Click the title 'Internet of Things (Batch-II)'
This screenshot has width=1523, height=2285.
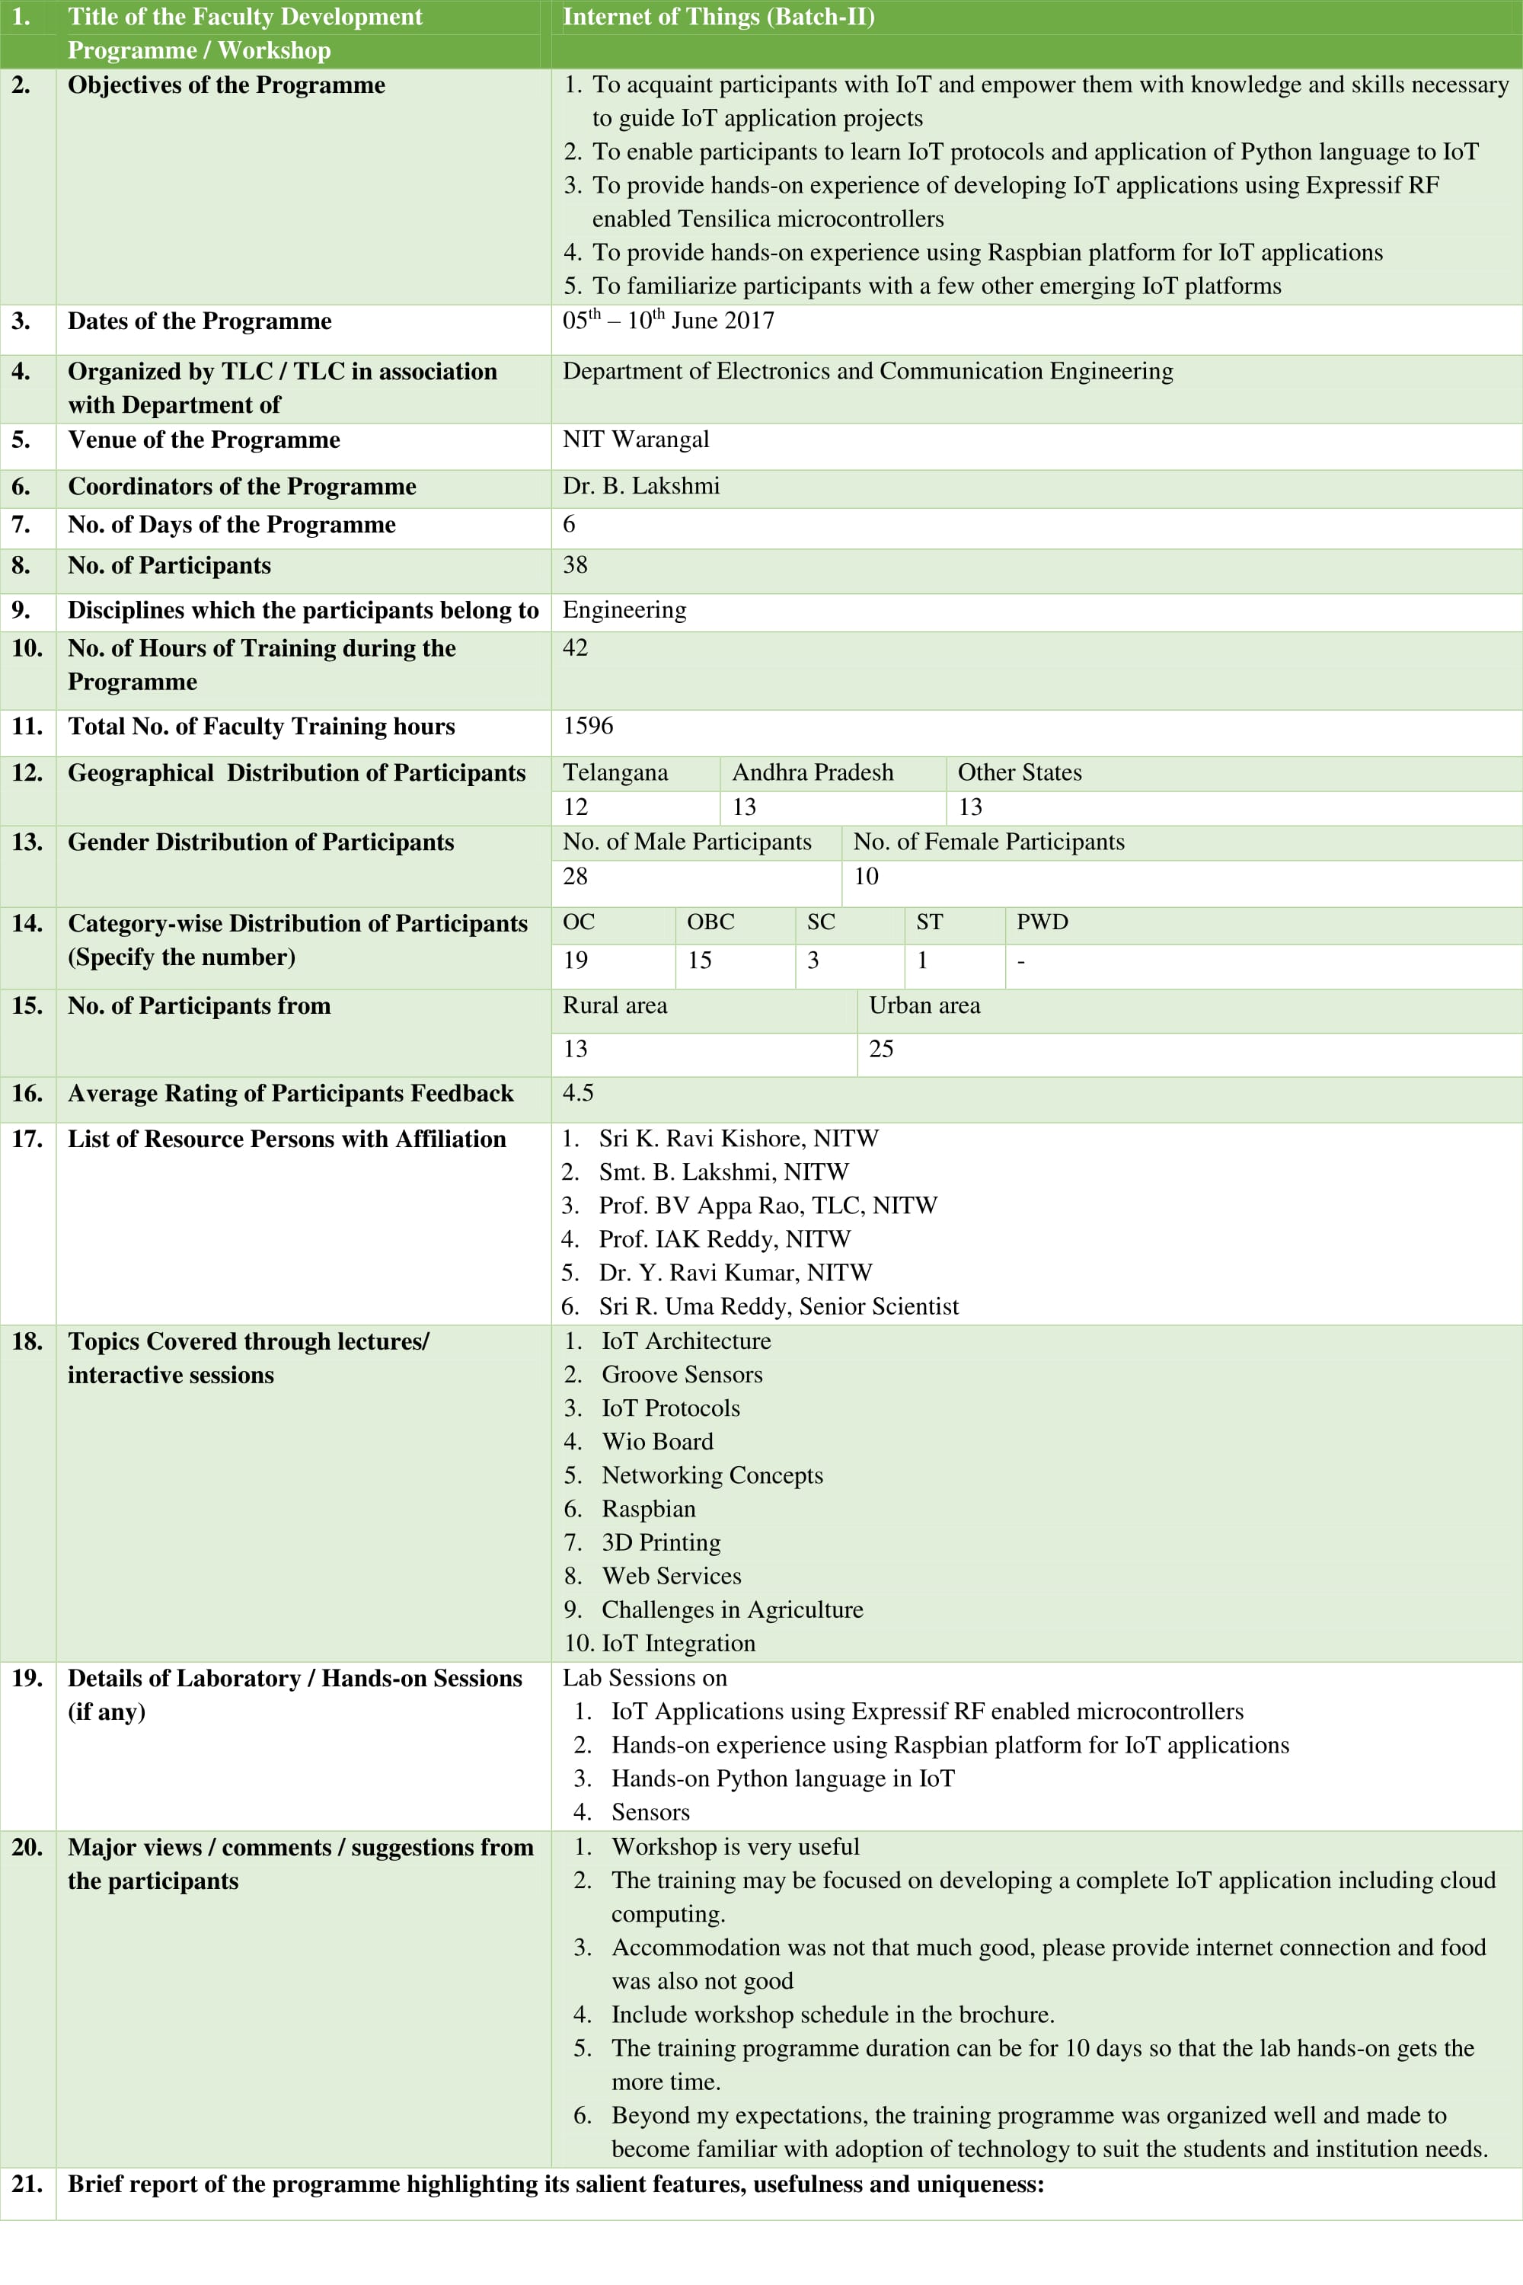(x=719, y=18)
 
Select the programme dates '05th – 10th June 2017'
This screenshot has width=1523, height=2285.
(x=669, y=321)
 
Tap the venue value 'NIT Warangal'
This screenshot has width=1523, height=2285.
(x=635, y=439)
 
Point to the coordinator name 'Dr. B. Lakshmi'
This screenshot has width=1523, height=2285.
(x=641, y=486)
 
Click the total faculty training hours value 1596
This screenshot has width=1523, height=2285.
(x=588, y=726)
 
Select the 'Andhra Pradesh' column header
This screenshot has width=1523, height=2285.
(x=812, y=772)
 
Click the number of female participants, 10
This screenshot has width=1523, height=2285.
(x=865, y=877)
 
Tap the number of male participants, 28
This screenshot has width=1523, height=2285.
(x=575, y=877)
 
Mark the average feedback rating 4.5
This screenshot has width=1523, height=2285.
(x=578, y=1093)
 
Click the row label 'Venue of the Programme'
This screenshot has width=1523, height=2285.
(x=204, y=440)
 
